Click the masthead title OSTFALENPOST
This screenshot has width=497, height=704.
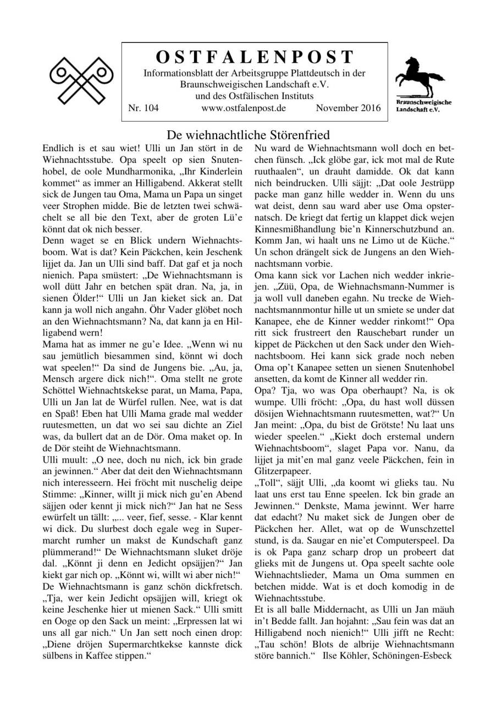[x=255, y=57]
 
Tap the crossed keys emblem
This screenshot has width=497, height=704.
[x=81, y=80]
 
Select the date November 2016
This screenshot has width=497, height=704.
[x=348, y=108]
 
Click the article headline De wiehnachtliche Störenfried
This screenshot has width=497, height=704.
[x=248, y=135]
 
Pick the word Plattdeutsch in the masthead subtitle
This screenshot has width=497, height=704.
[x=323, y=73]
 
